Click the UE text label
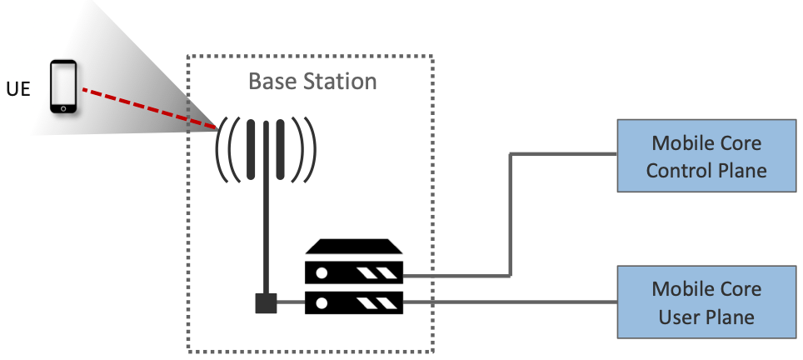[x=17, y=87]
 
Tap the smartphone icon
[x=63, y=87]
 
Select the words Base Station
[x=312, y=82]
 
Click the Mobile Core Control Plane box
[x=706, y=157]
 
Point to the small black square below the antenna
[x=266, y=303]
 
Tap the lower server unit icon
[x=354, y=302]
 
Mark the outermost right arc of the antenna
[x=312, y=150]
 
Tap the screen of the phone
[x=63, y=85]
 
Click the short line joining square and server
[x=291, y=302]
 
